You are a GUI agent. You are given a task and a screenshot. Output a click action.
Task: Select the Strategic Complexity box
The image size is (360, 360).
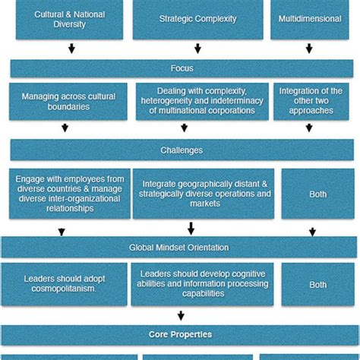point(197,19)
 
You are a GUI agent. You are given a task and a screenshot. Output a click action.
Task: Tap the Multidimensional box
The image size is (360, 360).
point(309,19)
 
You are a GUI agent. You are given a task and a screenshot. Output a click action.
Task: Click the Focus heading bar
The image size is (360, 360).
point(182,68)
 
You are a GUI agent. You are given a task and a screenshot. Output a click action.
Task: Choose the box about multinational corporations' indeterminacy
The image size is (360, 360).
point(202,102)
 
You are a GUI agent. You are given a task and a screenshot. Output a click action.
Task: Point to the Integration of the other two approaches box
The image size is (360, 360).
point(311,102)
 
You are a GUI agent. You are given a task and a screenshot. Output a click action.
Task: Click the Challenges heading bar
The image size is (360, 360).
point(182,150)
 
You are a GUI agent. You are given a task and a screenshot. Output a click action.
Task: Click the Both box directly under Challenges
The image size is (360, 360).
point(317,194)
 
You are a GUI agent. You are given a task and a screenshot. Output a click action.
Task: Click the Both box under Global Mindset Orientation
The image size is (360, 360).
point(317,285)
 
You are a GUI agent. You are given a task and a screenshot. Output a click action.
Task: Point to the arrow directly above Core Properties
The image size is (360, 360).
point(181,315)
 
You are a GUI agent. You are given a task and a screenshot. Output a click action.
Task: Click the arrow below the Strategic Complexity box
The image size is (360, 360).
point(197,49)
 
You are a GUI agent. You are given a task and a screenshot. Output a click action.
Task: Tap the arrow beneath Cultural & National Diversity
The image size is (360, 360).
point(71,49)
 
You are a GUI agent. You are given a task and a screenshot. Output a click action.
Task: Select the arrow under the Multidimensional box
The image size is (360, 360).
point(309,49)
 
